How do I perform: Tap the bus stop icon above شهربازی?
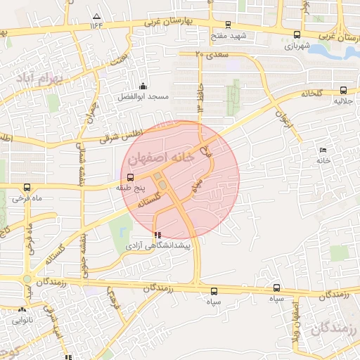click(297, 34)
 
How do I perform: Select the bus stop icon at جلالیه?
click(343, 90)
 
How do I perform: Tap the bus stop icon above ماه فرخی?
click(27, 188)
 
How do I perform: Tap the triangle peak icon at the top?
click(96, 15)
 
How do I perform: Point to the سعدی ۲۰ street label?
click(209, 54)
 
